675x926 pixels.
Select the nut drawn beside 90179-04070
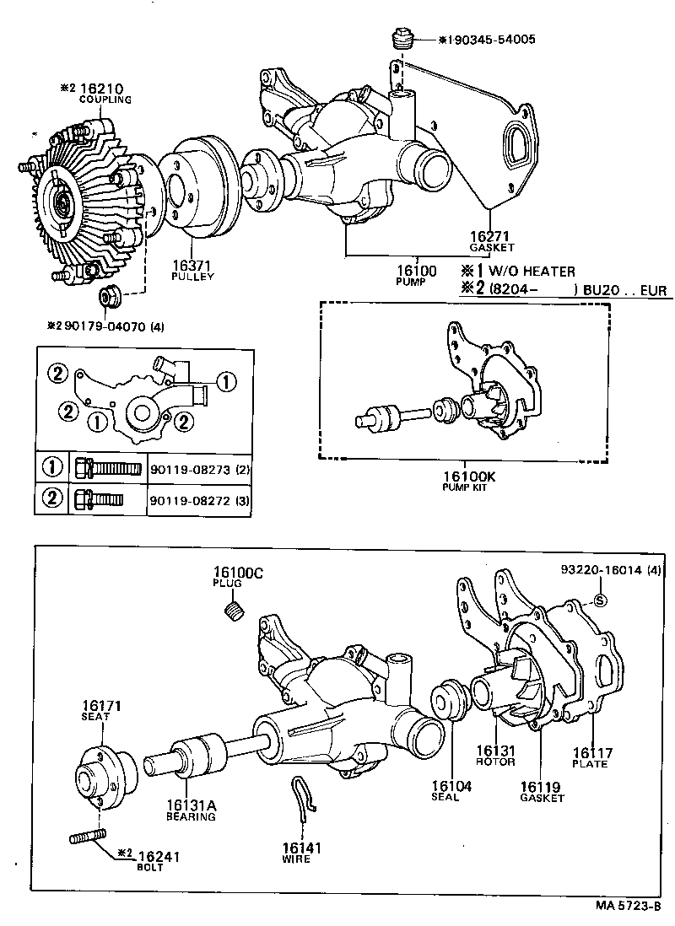[108, 296]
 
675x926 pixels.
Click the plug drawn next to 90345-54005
[402, 40]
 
